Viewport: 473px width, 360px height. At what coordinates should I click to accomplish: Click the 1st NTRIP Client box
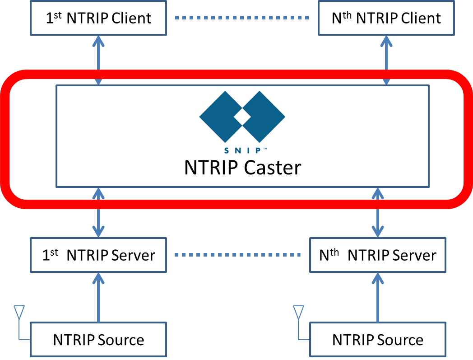pos(98,18)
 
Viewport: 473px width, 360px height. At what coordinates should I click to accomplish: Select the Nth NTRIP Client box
pos(386,18)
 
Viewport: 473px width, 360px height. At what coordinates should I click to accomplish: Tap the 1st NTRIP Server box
pos(98,255)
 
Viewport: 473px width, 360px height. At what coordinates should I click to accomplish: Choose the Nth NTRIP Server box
pos(377,255)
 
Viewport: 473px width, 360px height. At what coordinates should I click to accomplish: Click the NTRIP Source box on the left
pos(98,340)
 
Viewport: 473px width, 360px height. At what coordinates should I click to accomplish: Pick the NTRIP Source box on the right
pos(377,340)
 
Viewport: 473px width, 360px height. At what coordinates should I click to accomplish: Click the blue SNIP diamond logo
pos(242,117)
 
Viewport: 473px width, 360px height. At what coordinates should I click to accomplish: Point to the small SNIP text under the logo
pos(242,150)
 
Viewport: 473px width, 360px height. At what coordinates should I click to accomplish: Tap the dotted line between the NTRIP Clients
pos(242,18)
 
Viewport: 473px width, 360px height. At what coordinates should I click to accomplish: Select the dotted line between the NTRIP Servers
pos(238,255)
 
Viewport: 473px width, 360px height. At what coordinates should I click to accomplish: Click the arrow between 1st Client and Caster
pos(98,60)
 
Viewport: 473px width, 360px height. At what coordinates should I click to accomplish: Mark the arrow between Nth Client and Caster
pos(386,60)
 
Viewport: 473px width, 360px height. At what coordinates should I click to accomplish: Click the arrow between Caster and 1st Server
pos(98,213)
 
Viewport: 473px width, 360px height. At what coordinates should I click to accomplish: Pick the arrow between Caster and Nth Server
pos(377,213)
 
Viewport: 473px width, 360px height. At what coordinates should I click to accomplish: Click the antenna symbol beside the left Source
pos(19,316)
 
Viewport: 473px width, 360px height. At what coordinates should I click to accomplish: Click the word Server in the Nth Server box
pos(414,256)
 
